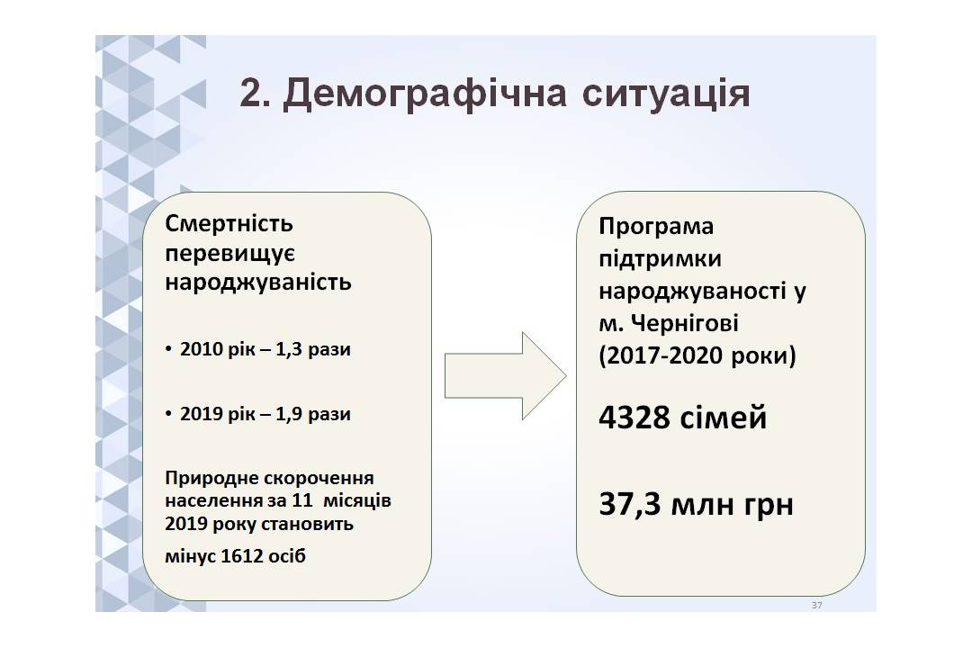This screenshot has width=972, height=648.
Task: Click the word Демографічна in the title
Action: [x=425, y=94]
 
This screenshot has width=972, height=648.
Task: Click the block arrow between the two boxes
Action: [x=505, y=376]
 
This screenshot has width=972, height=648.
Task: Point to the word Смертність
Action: [x=229, y=223]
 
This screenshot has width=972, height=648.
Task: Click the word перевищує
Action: [x=229, y=254]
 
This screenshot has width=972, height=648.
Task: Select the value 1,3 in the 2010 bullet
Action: [x=288, y=350]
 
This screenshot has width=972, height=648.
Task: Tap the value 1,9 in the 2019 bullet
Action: [x=288, y=414]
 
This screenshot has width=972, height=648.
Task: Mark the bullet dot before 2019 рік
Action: [x=168, y=414]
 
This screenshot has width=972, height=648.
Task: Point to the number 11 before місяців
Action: [x=301, y=500]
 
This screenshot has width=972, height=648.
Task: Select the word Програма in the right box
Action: [x=656, y=227]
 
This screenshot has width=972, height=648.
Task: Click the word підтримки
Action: [x=661, y=258]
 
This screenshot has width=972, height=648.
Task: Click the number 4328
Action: [x=634, y=418]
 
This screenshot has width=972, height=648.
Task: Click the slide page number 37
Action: [x=816, y=605]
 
